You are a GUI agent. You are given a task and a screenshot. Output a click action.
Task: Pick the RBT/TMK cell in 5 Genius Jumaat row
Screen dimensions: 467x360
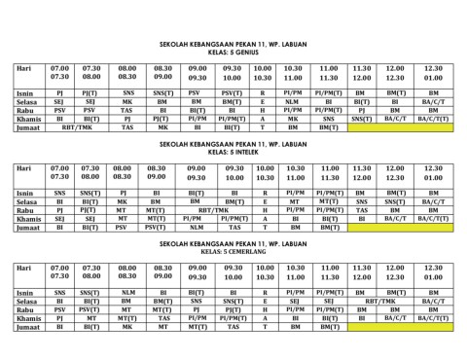[x=77, y=127]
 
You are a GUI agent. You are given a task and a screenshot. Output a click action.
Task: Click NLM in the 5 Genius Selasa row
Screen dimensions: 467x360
[x=293, y=101]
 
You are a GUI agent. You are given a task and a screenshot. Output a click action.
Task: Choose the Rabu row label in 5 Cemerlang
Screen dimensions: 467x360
[x=26, y=309]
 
